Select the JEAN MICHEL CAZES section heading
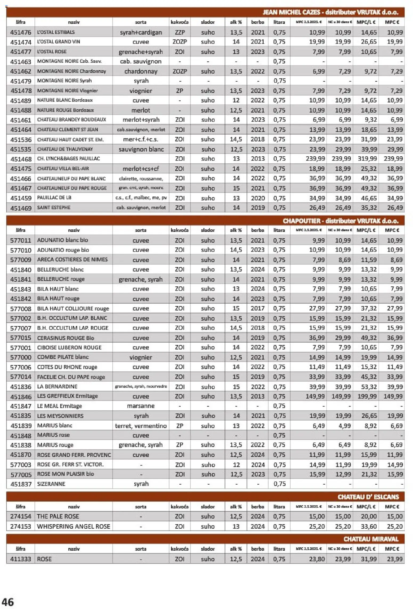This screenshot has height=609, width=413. click(330, 13)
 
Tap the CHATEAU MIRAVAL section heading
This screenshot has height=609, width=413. click(371, 539)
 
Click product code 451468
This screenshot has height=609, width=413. click(21, 159)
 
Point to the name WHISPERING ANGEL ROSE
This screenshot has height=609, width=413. click(73, 526)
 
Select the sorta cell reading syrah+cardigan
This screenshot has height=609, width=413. click(141, 33)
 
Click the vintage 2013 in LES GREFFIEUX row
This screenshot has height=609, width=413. click(257, 396)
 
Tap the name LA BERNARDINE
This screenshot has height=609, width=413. click(57, 386)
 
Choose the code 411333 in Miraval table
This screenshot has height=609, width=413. click(21, 559)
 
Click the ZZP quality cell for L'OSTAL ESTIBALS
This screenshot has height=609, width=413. click(180, 33)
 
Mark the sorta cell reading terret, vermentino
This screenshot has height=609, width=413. click(141, 426)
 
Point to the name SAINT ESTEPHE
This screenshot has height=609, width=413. click(54, 207)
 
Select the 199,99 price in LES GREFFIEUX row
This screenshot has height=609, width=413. click(367, 396)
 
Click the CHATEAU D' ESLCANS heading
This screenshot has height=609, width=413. click(368, 497)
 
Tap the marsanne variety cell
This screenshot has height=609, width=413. click(141, 406)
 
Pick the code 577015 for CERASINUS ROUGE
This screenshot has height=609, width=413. click(21, 338)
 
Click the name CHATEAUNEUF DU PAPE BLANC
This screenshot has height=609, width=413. click(71, 179)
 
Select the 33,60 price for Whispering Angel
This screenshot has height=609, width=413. click(369, 526)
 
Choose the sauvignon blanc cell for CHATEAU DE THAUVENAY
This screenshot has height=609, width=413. click(141, 149)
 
